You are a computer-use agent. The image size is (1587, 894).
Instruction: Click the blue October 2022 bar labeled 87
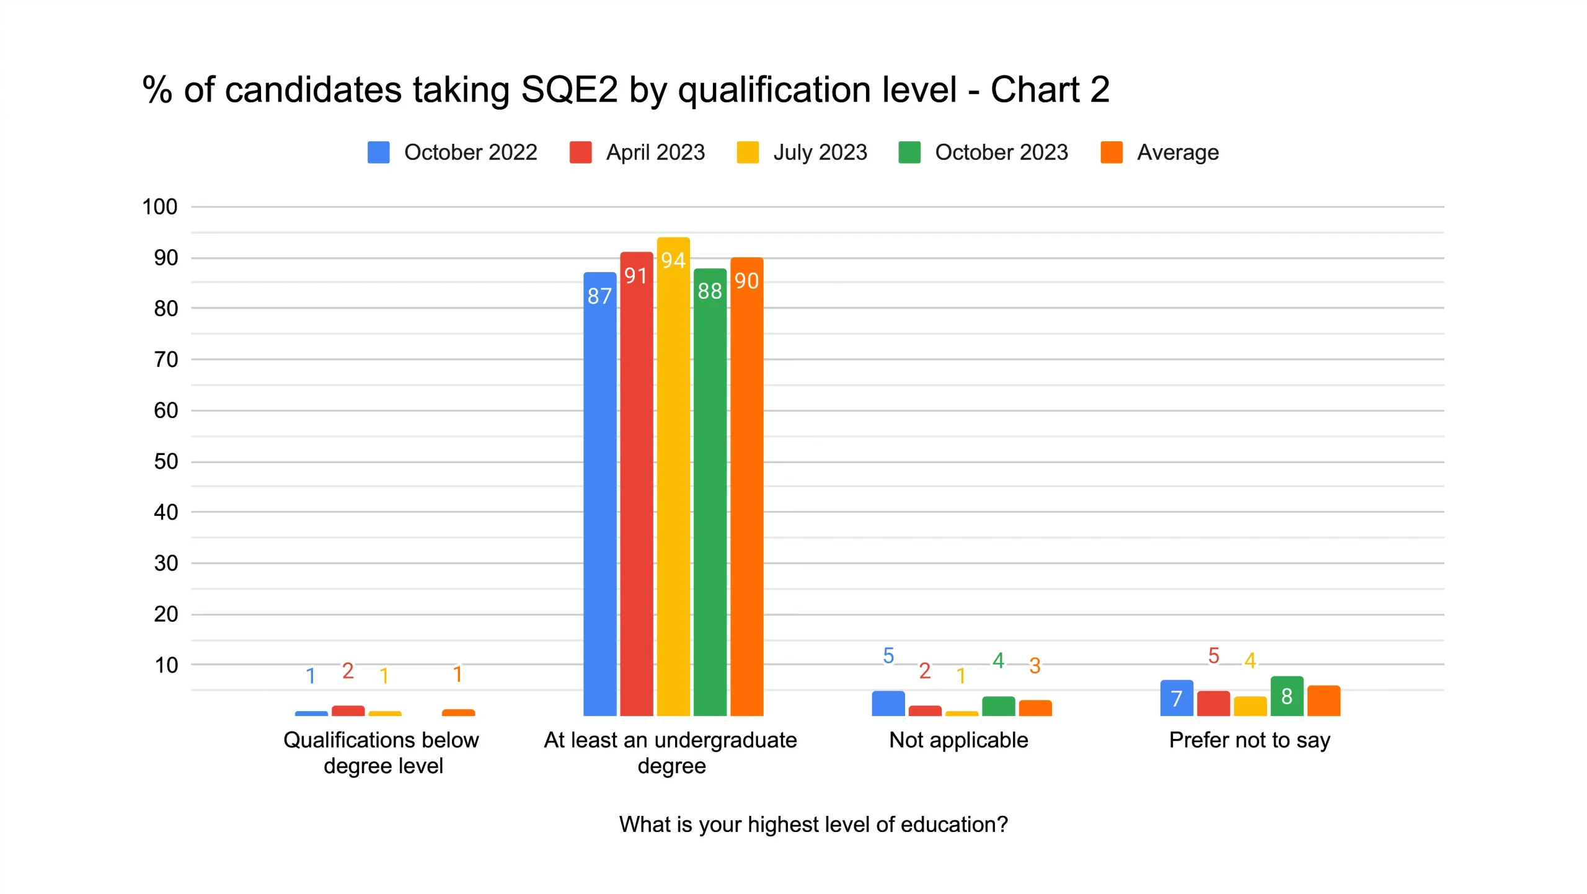pos(599,496)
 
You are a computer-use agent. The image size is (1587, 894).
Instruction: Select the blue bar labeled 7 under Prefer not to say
pos(1176,699)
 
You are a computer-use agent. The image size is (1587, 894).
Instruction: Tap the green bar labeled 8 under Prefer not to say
pos(1286,697)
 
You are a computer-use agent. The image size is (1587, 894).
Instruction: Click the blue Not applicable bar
pos(888,704)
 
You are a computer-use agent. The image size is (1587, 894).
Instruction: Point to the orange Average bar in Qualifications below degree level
pos(458,713)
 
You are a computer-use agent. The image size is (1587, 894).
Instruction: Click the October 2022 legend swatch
pos(378,153)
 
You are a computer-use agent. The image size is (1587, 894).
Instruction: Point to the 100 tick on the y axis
pos(160,207)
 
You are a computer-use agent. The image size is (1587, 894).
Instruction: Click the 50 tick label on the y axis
pos(166,462)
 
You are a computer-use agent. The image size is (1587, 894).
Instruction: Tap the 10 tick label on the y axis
pos(166,665)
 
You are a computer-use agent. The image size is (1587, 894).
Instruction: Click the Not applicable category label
pos(958,740)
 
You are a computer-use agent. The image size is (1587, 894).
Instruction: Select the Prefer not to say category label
pos(1249,740)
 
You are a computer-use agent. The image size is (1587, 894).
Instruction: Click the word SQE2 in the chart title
pos(569,90)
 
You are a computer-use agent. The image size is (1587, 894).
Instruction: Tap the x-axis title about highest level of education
pos(813,825)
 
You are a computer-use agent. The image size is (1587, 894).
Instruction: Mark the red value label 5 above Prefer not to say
pos(1213,656)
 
